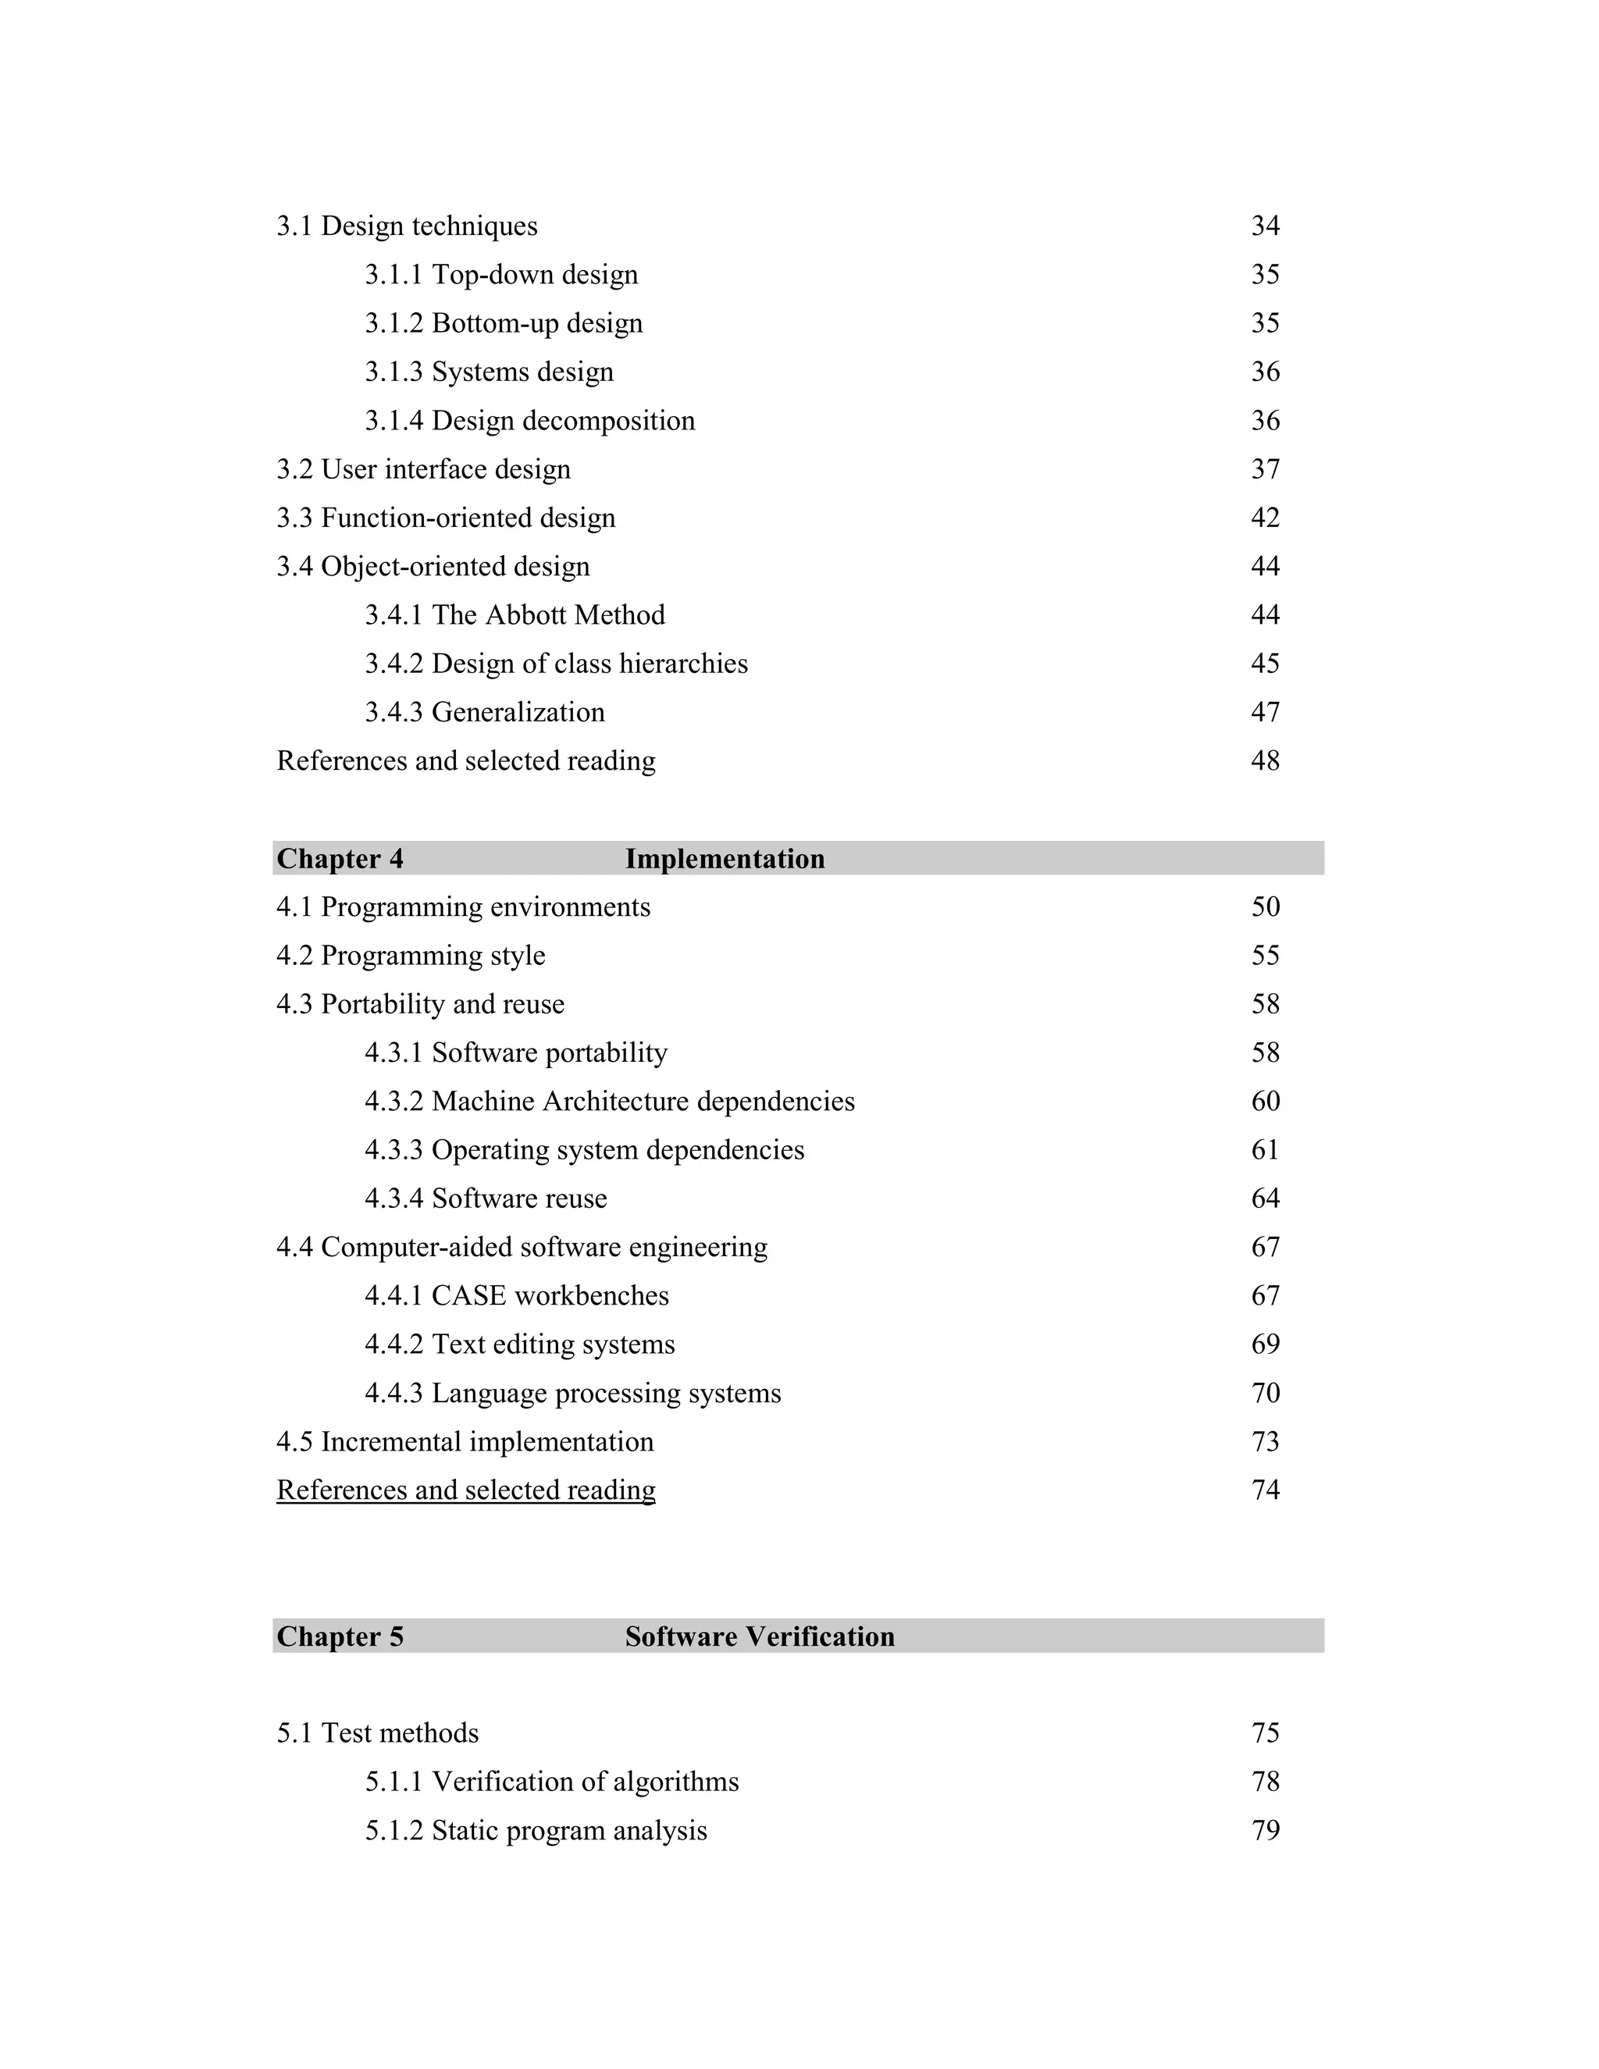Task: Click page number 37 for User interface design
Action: tap(1265, 469)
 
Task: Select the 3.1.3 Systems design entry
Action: tap(489, 372)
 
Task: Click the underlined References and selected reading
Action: tap(465, 1490)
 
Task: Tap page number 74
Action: tap(1265, 1490)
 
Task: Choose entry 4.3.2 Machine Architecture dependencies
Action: tap(609, 1101)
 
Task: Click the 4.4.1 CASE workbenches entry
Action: tap(516, 1295)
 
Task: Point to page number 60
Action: tap(1265, 1101)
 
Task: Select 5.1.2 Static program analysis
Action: tap(535, 1830)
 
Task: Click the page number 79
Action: tap(1265, 1830)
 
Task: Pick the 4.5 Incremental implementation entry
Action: tap(465, 1441)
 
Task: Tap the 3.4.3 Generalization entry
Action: tap(484, 711)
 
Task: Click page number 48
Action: tap(1265, 760)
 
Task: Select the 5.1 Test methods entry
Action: tap(377, 1732)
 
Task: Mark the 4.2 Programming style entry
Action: tap(410, 955)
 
